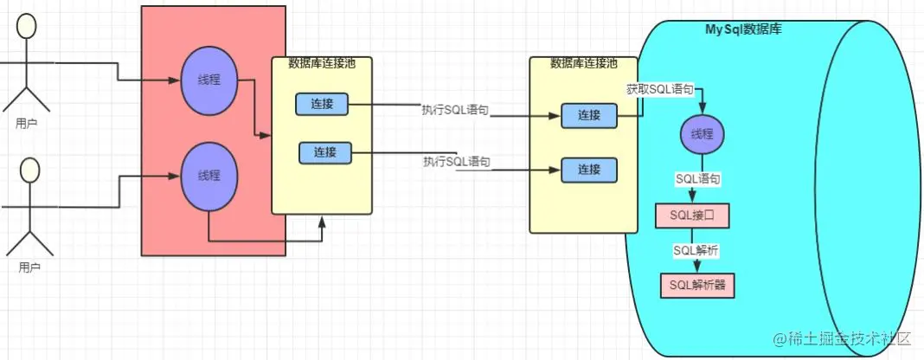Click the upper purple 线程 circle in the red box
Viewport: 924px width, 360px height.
click(209, 80)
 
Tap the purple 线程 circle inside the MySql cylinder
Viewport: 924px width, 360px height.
click(703, 134)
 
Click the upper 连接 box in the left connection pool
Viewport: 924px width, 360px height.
click(322, 105)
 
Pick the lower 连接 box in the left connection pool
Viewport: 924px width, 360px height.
click(325, 152)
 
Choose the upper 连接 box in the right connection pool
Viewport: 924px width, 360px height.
click(588, 115)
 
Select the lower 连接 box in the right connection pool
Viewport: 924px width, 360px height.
click(588, 170)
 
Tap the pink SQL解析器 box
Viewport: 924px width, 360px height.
click(696, 286)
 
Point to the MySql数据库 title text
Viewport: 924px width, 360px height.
click(744, 29)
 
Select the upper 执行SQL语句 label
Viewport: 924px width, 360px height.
click(455, 110)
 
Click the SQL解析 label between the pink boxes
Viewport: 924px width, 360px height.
click(696, 250)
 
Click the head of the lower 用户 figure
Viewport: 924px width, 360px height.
click(29, 171)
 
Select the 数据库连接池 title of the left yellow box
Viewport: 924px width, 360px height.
click(321, 63)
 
